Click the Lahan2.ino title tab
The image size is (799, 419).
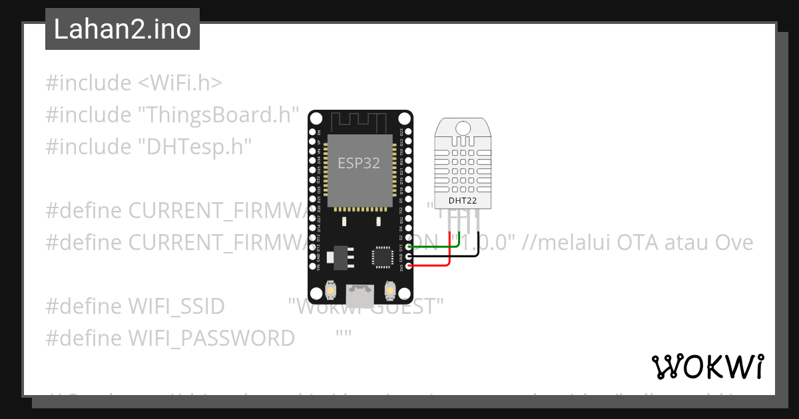(123, 29)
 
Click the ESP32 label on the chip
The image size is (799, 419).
(359, 163)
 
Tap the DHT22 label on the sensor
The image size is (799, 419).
(463, 200)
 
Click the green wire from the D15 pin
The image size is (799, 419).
(433, 247)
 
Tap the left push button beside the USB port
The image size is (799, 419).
(330, 290)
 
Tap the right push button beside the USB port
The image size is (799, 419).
(390, 290)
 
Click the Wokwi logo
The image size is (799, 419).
(707, 366)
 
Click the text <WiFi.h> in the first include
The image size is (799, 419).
(180, 83)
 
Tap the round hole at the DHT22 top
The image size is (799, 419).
(463, 126)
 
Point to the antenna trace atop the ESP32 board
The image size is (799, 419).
(360, 122)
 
